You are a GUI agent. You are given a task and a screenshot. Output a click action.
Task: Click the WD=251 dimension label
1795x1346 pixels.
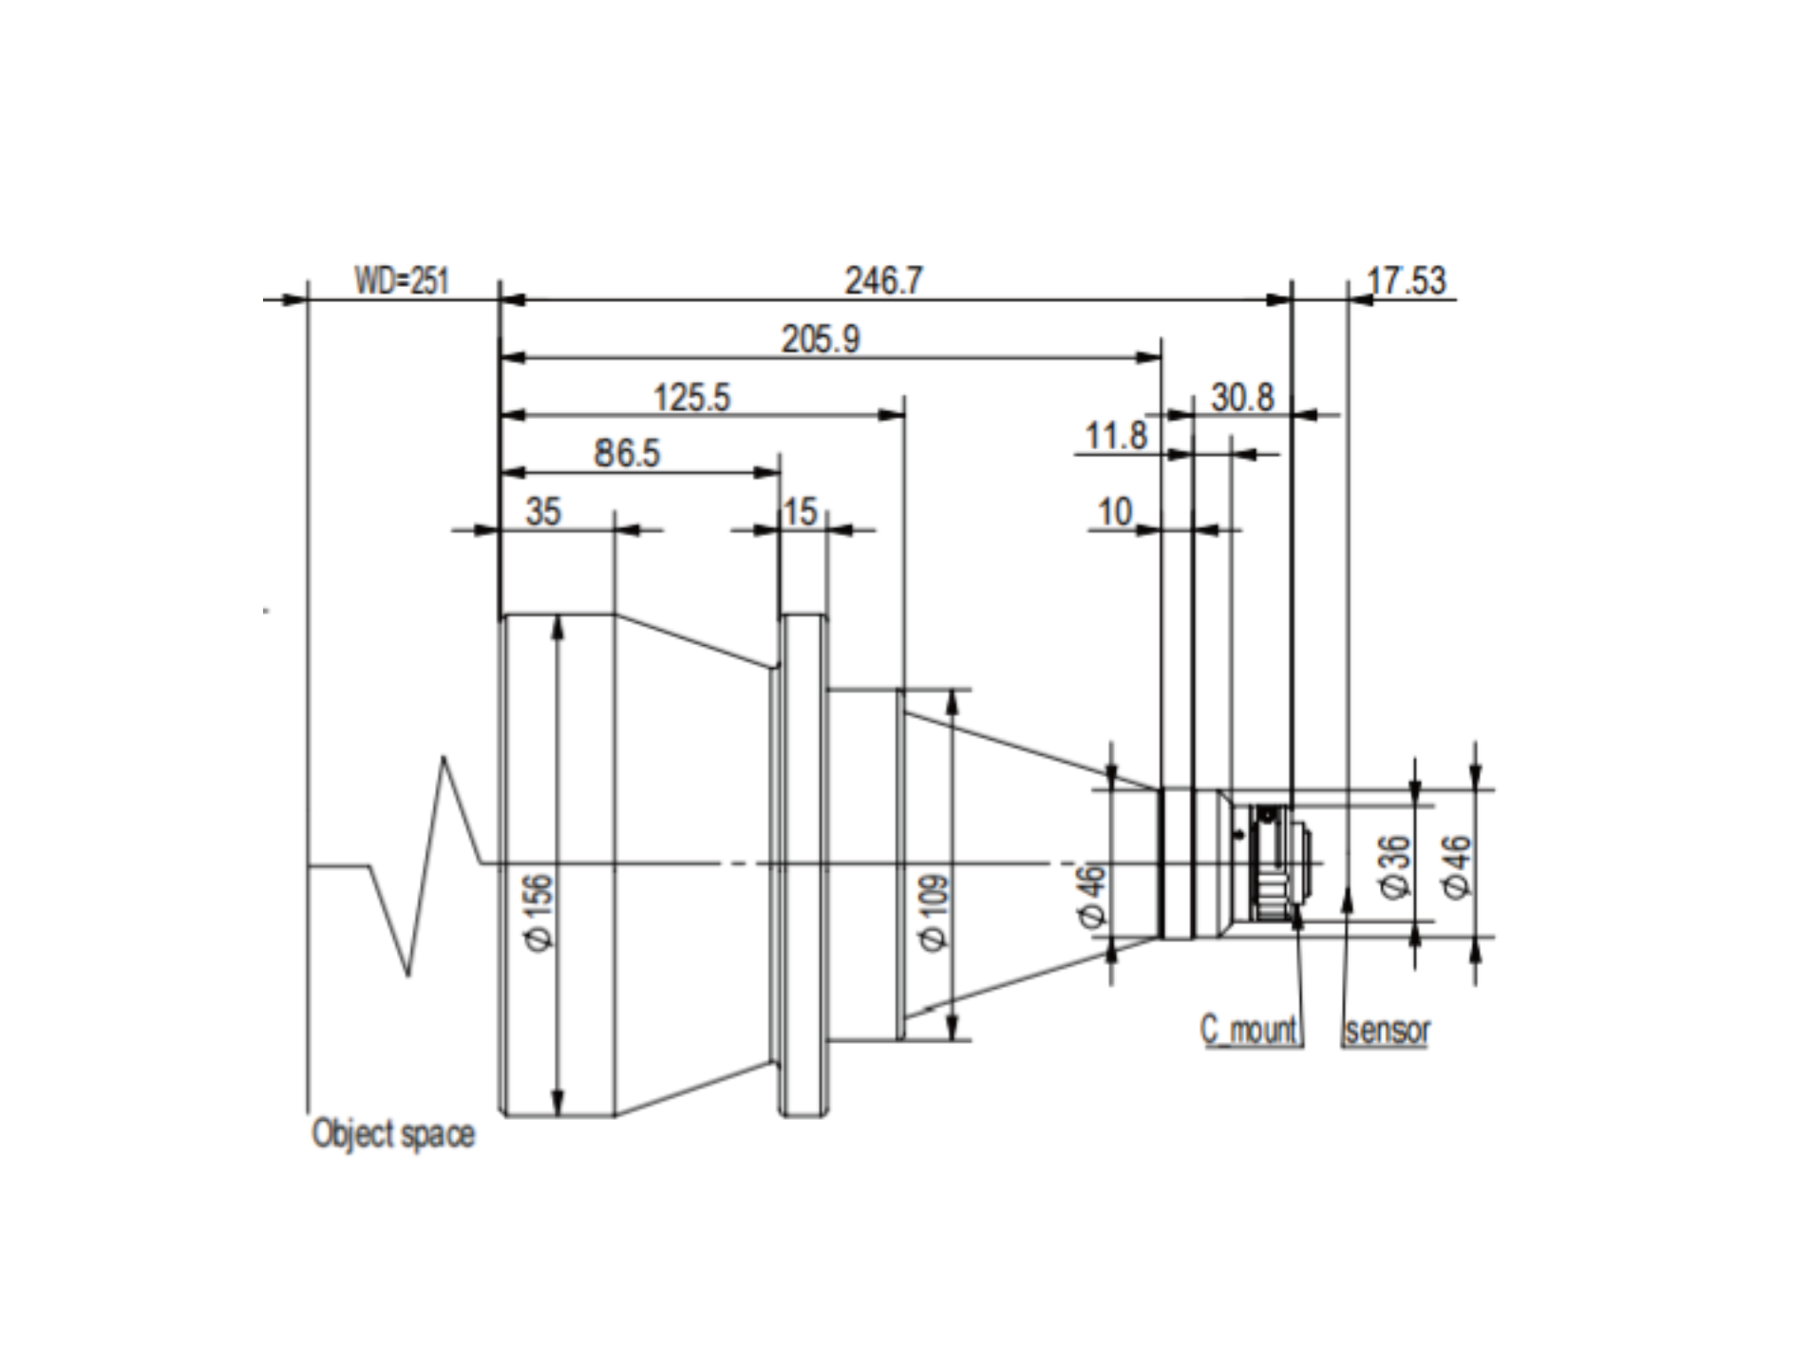402,281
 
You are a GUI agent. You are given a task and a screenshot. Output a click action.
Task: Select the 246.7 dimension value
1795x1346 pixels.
883,281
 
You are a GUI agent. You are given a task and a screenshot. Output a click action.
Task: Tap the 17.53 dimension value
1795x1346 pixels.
1407,281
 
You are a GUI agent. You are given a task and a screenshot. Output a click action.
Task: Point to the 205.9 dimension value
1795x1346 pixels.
821,339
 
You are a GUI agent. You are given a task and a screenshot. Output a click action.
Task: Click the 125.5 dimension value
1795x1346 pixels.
692,397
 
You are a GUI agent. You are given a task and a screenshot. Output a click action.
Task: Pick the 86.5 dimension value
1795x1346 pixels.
627,454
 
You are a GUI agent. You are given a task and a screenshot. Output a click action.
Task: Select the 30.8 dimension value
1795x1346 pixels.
1242,397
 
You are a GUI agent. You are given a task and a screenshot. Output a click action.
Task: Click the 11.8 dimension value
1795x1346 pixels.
1116,436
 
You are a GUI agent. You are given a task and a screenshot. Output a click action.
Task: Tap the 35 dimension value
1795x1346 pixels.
543,512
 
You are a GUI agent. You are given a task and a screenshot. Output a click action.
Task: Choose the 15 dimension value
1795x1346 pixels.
801,512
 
